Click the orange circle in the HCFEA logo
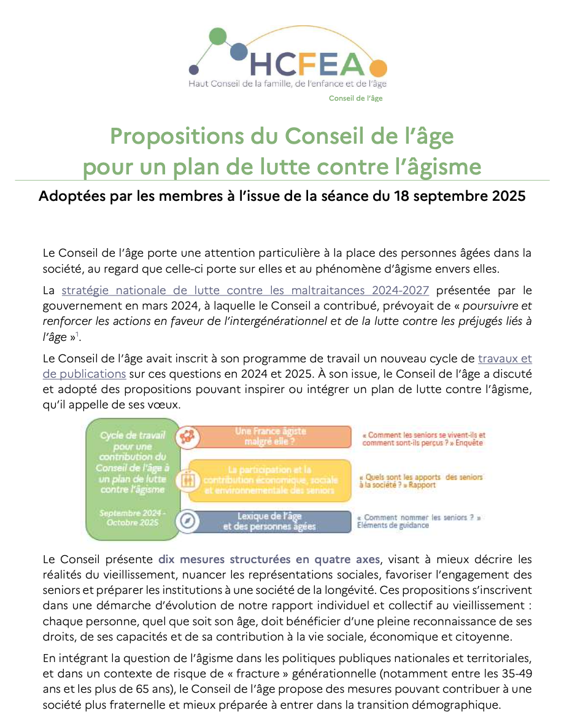pos(379,68)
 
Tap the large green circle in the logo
pos(217,36)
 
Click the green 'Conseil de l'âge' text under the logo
pos(355,98)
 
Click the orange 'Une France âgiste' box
pos(271,436)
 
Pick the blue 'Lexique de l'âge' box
pos(270,521)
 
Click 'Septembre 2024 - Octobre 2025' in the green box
pos(132,517)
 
